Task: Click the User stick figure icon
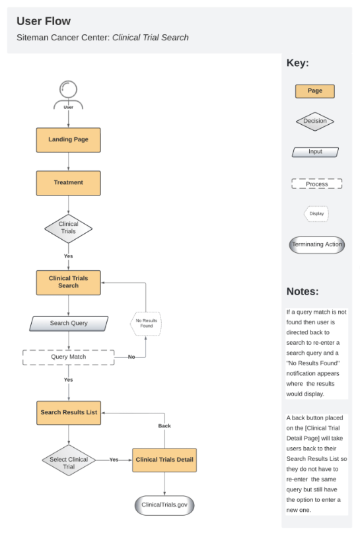tap(68, 94)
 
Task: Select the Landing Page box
tap(68, 140)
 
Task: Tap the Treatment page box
tap(68, 183)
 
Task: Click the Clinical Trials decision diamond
tap(68, 228)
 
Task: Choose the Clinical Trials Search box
tap(68, 282)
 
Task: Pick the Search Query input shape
tap(69, 324)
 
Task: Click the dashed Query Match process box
tap(69, 357)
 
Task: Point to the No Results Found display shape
tap(145, 323)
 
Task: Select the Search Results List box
tap(69, 412)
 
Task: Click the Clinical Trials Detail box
tap(164, 459)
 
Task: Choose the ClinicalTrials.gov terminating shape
tap(164, 505)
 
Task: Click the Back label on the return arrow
tap(164, 426)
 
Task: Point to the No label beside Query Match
tap(131, 357)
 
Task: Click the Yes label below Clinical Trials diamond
tap(68, 256)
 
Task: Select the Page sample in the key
tap(314, 91)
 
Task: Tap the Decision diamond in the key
tap(314, 122)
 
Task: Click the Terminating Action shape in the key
tap(317, 244)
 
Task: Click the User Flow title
tap(44, 22)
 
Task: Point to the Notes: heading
tap(303, 291)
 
